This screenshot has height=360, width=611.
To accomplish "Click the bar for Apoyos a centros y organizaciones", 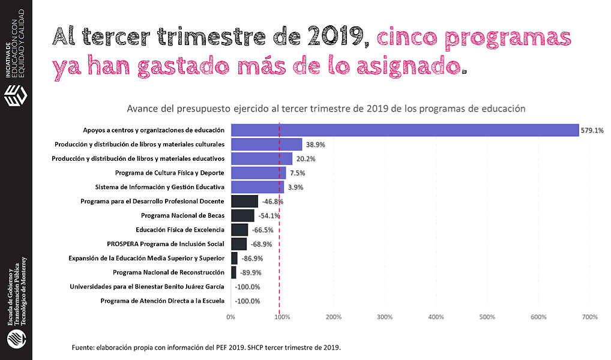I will [x=405, y=130].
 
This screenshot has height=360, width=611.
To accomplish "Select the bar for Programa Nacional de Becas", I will [x=242, y=215].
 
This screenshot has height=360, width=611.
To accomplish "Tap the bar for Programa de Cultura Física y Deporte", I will [x=258, y=173].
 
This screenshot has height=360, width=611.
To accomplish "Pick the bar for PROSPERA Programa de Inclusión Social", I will [x=239, y=244].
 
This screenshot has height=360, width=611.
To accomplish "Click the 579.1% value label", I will [x=592, y=130].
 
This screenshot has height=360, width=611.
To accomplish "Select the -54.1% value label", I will [x=268, y=216].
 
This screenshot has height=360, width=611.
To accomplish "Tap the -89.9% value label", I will [x=250, y=272].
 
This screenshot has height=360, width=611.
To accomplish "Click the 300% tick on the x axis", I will [x=385, y=317].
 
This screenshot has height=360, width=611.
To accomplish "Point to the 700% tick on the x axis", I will [x=590, y=317].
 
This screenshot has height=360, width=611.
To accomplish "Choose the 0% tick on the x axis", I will [x=230, y=317].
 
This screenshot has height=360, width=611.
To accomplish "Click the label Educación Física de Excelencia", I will [x=180, y=230].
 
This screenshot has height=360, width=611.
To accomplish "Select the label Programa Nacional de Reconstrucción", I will [x=168, y=272].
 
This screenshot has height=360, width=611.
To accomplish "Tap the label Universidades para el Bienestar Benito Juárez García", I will [x=147, y=287].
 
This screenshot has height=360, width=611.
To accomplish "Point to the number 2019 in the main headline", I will [x=334, y=37].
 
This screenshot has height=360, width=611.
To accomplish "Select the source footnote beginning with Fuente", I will [x=206, y=347].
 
